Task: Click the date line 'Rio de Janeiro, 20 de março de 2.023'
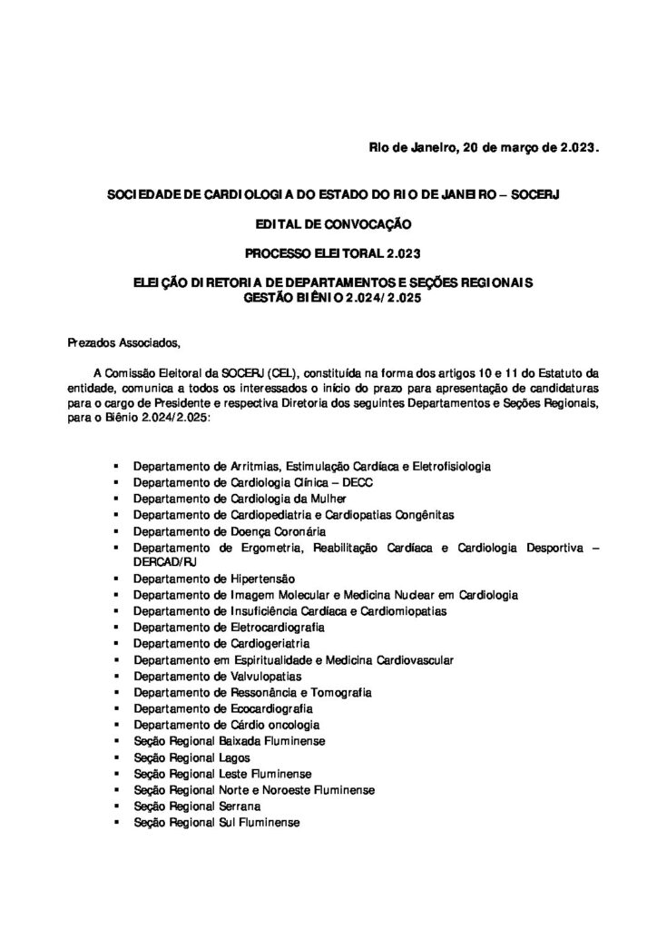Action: coord(484,147)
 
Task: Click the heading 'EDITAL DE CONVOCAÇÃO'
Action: coord(328,222)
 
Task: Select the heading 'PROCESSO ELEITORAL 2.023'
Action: coord(328,252)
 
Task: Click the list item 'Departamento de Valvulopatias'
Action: coord(217,676)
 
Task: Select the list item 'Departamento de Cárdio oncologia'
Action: coord(226,725)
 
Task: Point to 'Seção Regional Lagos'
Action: coord(191,757)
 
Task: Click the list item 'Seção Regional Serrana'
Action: coord(197,806)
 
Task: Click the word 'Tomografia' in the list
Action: coord(343,692)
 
